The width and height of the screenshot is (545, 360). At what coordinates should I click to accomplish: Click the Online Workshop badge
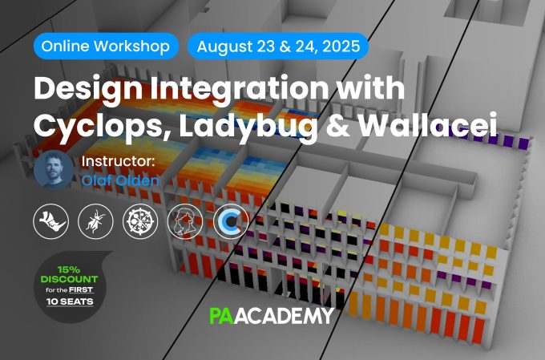[106, 47]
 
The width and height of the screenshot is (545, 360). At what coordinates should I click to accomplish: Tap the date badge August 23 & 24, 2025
[278, 47]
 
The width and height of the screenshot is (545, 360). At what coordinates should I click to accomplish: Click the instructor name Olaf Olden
[120, 180]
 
